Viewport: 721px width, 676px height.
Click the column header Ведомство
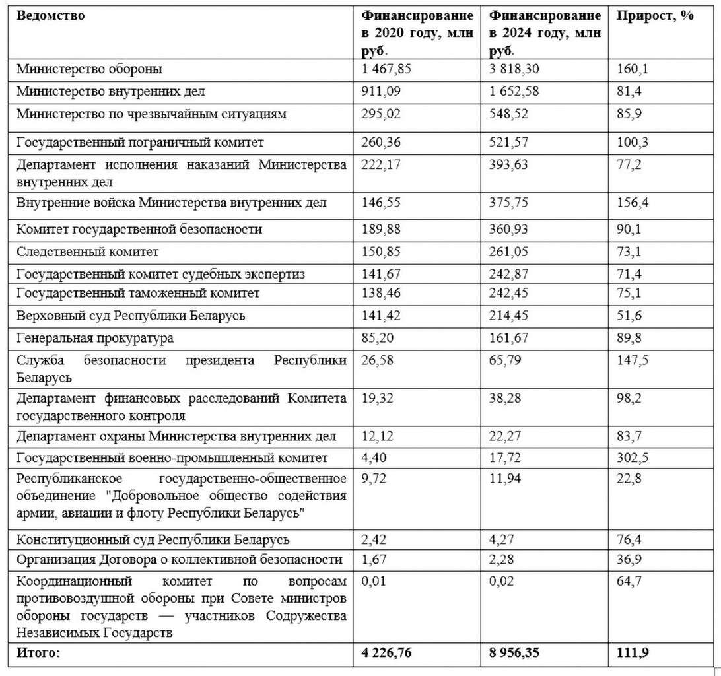(51, 15)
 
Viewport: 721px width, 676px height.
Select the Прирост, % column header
(655, 15)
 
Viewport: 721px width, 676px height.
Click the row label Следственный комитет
(88, 252)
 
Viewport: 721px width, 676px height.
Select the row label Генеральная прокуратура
(96, 338)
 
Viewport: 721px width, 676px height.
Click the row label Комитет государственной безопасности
(140, 229)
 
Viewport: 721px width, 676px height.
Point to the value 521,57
(509, 142)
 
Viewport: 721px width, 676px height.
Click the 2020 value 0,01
(372, 582)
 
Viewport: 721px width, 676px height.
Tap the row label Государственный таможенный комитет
(138, 292)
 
